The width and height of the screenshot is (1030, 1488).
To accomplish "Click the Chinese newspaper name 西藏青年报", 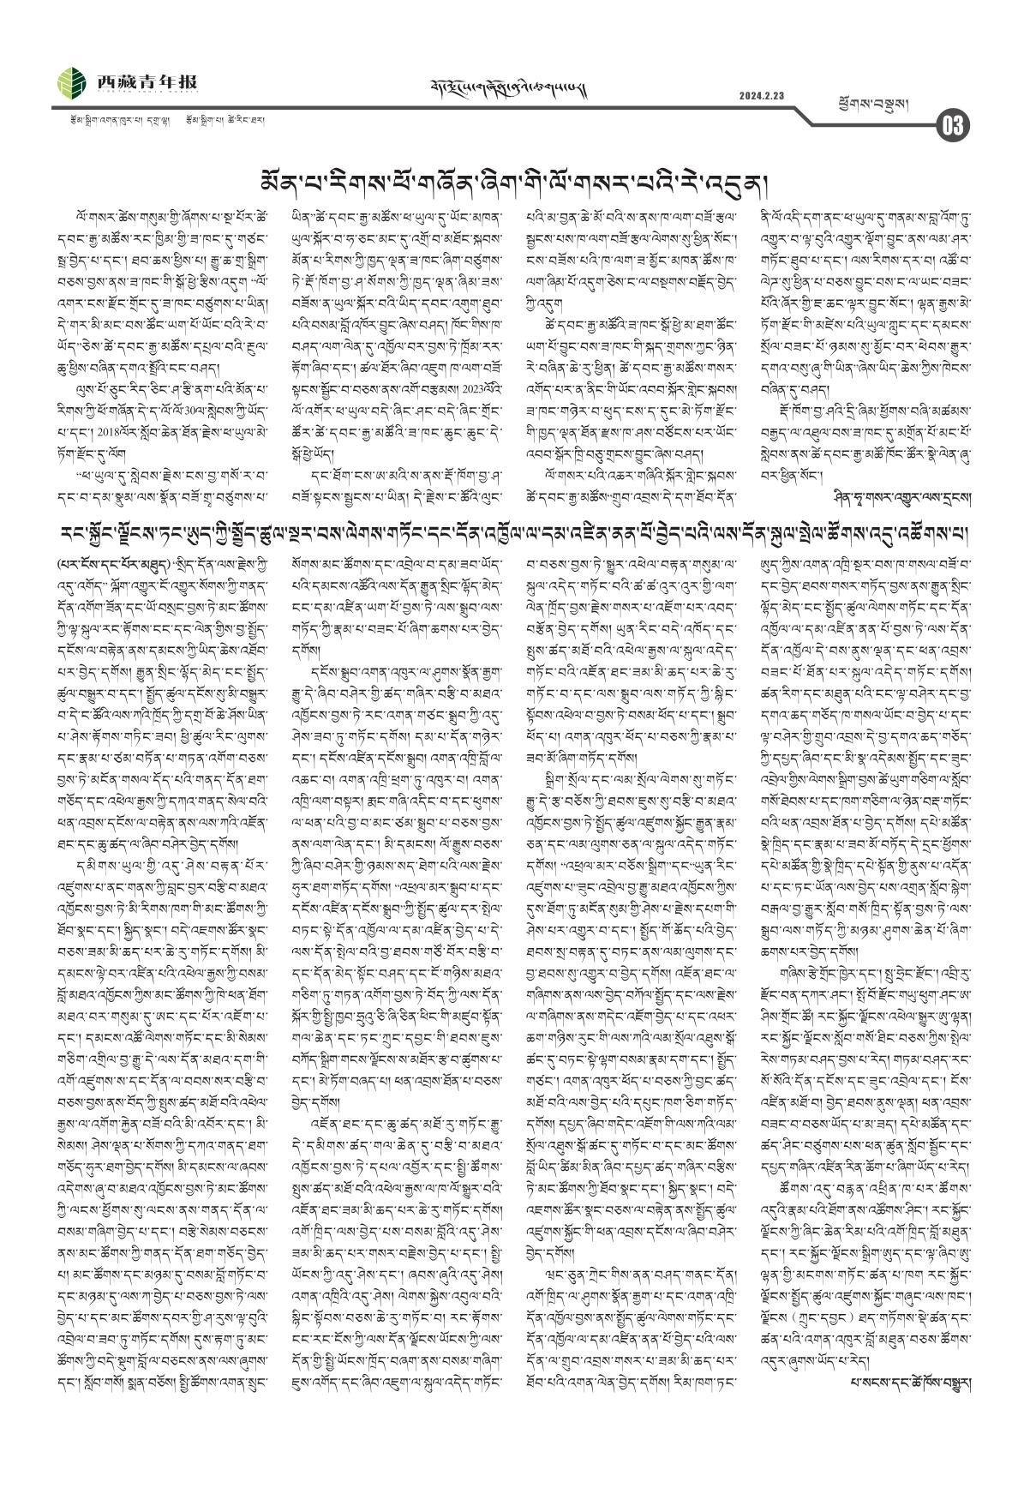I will pyautogui.click(x=147, y=81).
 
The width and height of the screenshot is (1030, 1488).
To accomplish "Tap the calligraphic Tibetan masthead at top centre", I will pyautogui.click(x=514, y=87).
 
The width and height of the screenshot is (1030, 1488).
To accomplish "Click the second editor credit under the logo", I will pyautogui.click(x=225, y=121).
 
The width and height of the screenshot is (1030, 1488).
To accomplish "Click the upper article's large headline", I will pyautogui.click(x=515, y=181).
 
